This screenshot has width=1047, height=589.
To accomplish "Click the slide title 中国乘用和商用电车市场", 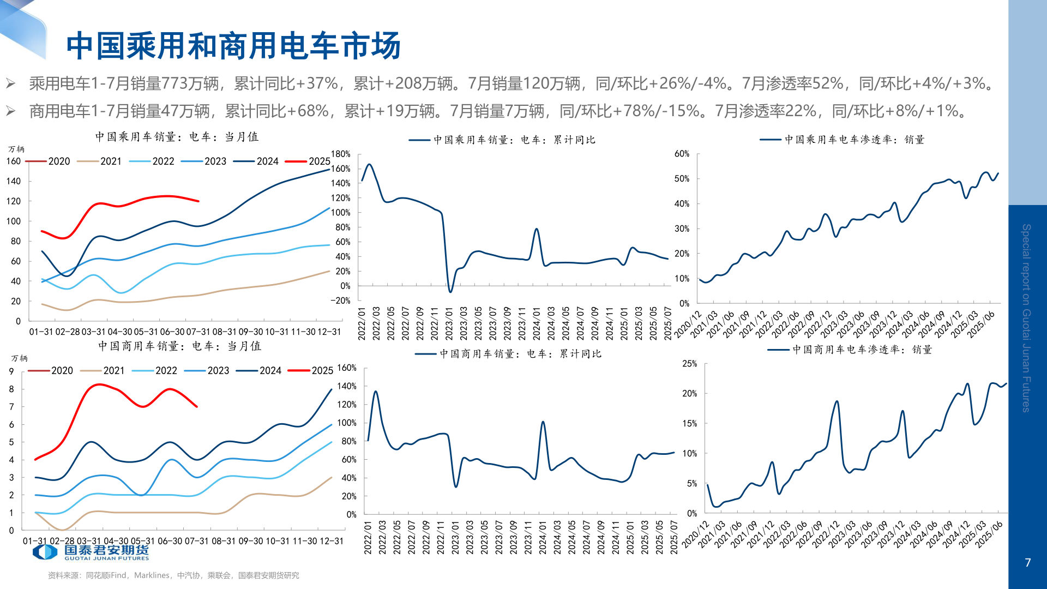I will click(233, 46).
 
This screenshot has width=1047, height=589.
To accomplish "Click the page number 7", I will click(1028, 563).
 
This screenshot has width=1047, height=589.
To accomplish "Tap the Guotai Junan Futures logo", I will click(91, 552).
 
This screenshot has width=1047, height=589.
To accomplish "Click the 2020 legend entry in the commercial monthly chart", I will click(50, 371).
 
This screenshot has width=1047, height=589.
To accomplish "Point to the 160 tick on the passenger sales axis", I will click(14, 161).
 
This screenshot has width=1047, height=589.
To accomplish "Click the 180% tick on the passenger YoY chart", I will click(340, 154).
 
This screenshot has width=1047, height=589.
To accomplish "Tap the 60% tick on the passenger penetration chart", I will click(682, 154).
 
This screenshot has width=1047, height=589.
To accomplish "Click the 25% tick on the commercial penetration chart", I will click(689, 364).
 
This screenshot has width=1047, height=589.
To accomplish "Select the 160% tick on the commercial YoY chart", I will click(347, 368).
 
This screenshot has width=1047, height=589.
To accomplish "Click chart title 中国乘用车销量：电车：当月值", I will click(177, 137).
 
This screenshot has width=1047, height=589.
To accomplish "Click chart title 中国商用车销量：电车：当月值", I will click(179, 346).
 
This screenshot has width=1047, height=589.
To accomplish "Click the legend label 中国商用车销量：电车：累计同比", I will click(520, 354).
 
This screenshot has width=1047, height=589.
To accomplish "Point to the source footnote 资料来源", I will click(173, 575).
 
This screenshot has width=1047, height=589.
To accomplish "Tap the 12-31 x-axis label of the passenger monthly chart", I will click(329, 332).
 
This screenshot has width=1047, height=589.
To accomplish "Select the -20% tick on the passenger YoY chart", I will click(340, 300).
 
